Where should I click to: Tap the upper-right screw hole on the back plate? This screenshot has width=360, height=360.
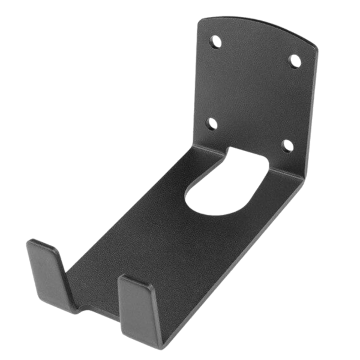coord(294,60)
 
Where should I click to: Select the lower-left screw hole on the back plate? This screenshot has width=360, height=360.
coord(212,122)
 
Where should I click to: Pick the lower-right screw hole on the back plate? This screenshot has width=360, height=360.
coord(288,145)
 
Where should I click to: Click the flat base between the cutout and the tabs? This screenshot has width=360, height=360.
coord(150,240)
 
